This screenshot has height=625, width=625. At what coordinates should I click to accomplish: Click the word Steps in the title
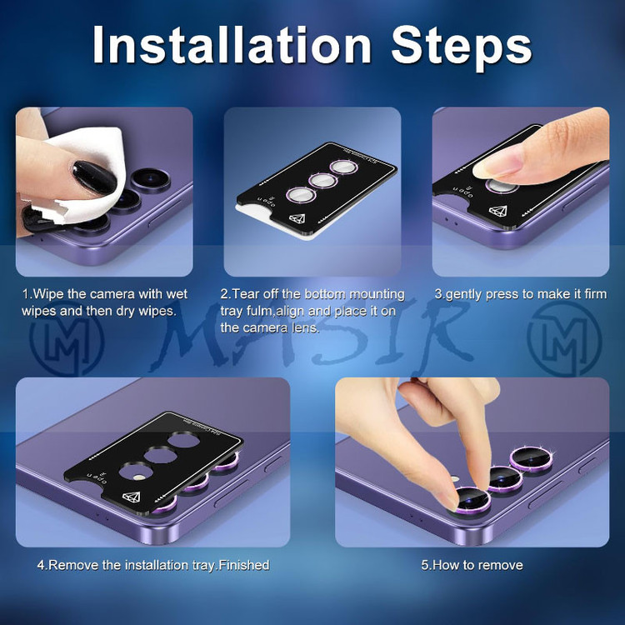[461, 47]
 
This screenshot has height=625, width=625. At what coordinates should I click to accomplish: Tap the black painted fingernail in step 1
[94, 177]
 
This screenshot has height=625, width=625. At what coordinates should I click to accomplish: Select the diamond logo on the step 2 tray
[297, 219]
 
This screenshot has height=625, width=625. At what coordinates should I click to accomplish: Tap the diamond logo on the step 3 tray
[497, 212]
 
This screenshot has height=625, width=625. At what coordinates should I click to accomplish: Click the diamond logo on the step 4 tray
[131, 497]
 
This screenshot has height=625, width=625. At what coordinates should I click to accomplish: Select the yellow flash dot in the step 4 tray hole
[139, 477]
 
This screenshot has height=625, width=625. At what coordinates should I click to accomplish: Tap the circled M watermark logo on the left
[67, 339]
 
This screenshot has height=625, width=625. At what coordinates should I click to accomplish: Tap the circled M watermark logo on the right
[564, 339]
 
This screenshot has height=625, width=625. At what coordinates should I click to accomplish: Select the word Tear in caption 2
[245, 294]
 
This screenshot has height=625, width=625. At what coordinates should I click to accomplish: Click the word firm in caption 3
[596, 294]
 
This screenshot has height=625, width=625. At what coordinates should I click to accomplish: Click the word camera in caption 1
[112, 294]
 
